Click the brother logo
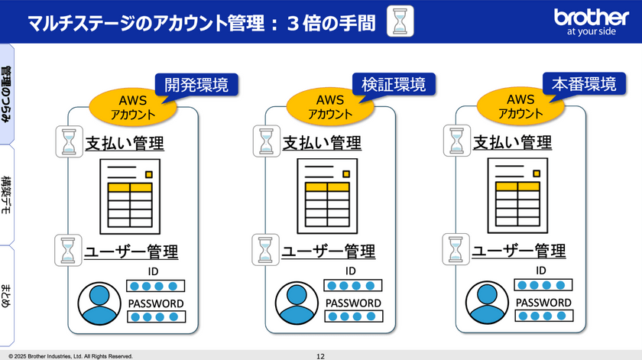tap(591, 21)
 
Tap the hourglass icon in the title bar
tap(400, 21)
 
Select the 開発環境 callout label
tap(196, 85)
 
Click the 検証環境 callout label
tap(394, 84)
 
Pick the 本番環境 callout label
tap(584, 83)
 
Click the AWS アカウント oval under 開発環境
tap(133, 107)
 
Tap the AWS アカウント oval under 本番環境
tap(520, 106)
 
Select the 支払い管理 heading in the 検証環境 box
tap(322, 143)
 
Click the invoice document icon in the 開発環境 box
tap(130, 196)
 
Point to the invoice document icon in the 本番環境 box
tap(517, 196)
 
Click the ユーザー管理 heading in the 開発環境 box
tap(131, 251)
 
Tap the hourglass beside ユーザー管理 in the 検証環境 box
tap(266, 250)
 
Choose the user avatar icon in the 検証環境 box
tap(297, 303)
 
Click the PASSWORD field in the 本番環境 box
tap(543, 316)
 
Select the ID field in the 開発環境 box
tap(156, 286)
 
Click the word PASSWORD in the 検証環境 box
tap(353, 303)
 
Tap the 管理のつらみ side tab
tap(7, 94)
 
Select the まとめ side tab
tap(7, 296)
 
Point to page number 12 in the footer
tap(320, 356)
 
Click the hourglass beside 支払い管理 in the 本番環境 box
tap(457, 141)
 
